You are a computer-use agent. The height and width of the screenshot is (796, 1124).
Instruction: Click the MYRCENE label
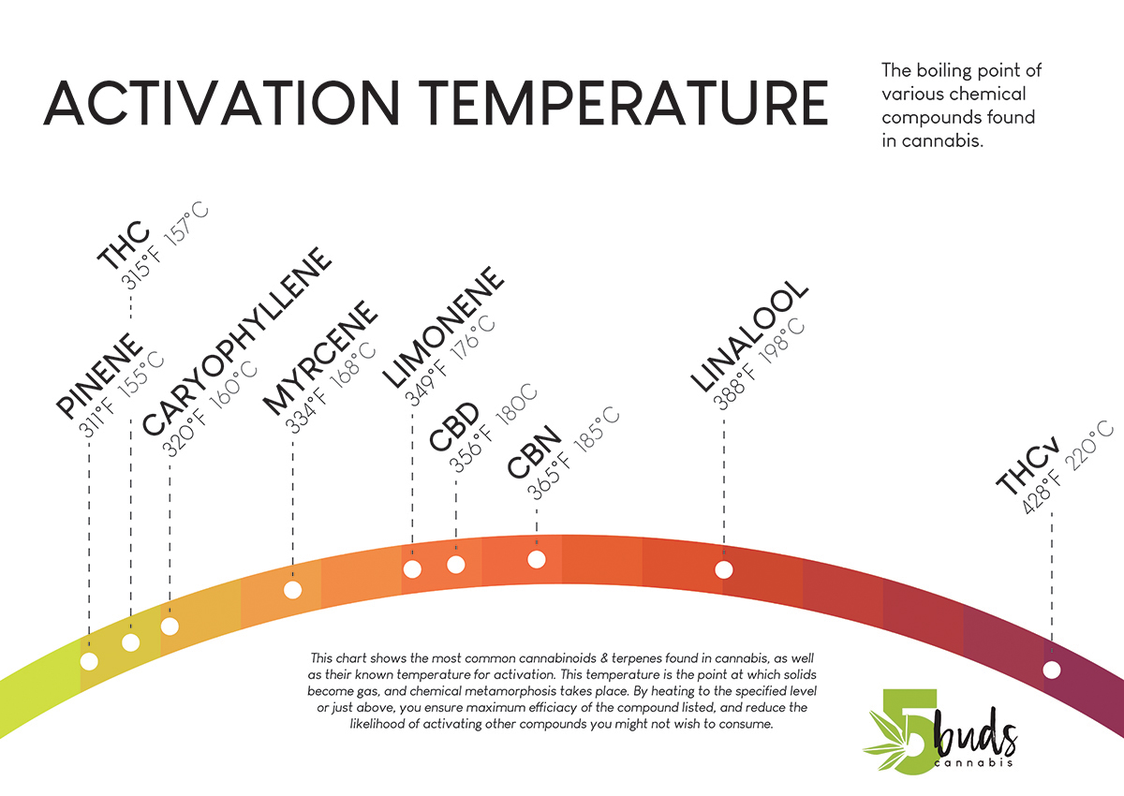319,358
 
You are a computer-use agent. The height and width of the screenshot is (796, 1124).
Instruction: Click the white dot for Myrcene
292,590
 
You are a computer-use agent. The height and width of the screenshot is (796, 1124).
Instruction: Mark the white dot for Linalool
723,569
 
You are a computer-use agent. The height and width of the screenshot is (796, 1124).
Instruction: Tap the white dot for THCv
1052,670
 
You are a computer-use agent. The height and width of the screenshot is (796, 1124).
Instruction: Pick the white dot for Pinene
89,661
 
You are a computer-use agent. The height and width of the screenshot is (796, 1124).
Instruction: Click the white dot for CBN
537,559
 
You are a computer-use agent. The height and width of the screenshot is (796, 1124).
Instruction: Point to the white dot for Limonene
412,568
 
